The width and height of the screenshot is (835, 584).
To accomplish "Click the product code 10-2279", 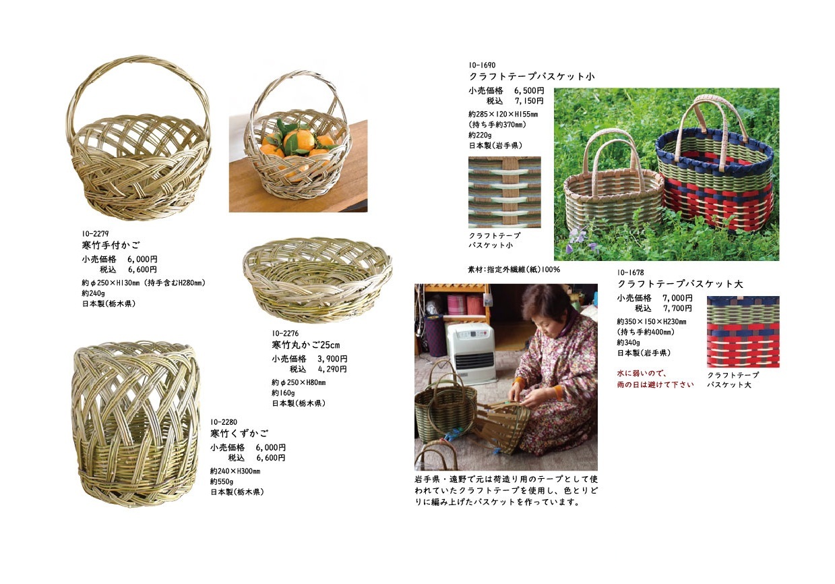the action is (96, 234).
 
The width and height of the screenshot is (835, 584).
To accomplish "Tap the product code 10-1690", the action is (482, 65).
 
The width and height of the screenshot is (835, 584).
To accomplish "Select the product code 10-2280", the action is (224, 422).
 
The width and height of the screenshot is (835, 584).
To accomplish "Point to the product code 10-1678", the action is (630, 272).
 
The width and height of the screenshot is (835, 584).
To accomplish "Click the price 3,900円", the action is (332, 359).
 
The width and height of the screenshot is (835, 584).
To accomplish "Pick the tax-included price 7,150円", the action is (529, 101).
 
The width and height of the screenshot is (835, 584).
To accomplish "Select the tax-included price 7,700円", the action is (677, 308).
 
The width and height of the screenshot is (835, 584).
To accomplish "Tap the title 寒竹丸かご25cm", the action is (306, 345).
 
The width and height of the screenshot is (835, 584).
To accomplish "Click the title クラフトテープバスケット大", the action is (680, 284).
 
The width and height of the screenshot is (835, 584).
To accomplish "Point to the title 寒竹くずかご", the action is (239, 434).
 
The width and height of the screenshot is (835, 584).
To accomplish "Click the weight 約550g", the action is (222, 481).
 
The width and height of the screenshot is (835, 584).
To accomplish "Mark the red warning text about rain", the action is (655, 379).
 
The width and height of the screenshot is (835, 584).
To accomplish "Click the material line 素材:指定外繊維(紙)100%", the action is (514, 270).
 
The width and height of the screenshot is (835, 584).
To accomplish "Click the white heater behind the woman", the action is (471, 352).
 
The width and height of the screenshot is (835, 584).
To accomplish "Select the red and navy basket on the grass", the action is (714, 164).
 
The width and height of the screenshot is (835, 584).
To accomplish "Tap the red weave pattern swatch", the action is (743, 332).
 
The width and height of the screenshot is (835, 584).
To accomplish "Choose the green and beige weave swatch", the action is (504, 192).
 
